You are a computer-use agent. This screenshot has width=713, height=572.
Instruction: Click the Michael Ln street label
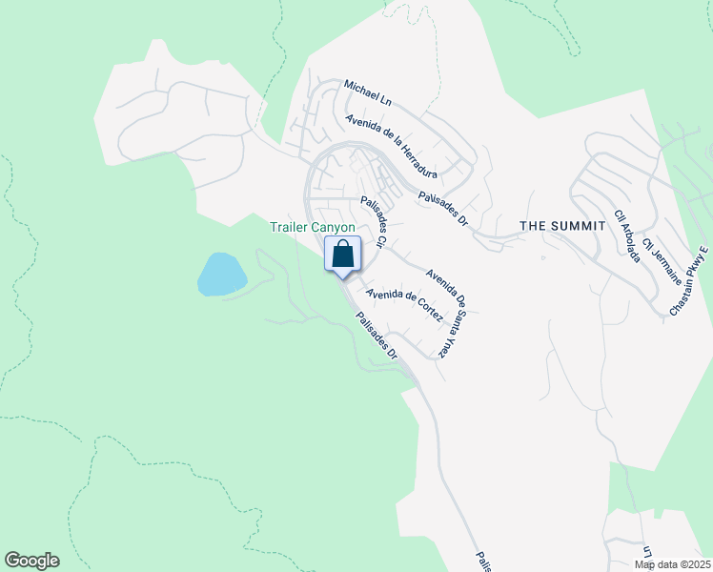(x=368, y=92)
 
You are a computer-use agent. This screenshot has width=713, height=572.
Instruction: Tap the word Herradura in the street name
(x=417, y=163)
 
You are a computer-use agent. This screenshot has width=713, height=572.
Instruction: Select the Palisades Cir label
(x=373, y=222)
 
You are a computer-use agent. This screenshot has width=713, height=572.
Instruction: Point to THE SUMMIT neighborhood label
(x=562, y=226)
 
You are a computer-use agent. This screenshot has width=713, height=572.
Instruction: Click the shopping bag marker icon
(x=343, y=254)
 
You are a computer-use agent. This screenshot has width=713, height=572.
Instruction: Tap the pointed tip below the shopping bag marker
(x=343, y=276)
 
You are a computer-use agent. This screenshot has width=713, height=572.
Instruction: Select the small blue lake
(x=221, y=275)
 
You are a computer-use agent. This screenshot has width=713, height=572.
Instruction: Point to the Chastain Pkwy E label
(x=689, y=282)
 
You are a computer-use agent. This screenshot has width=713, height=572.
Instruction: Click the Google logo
(x=31, y=561)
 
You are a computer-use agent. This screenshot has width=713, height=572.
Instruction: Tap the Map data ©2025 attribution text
(x=672, y=564)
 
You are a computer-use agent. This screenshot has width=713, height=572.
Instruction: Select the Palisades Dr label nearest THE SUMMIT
(x=443, y=209)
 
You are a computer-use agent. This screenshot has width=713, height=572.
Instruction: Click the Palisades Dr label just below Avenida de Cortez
(x=377, y=337)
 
